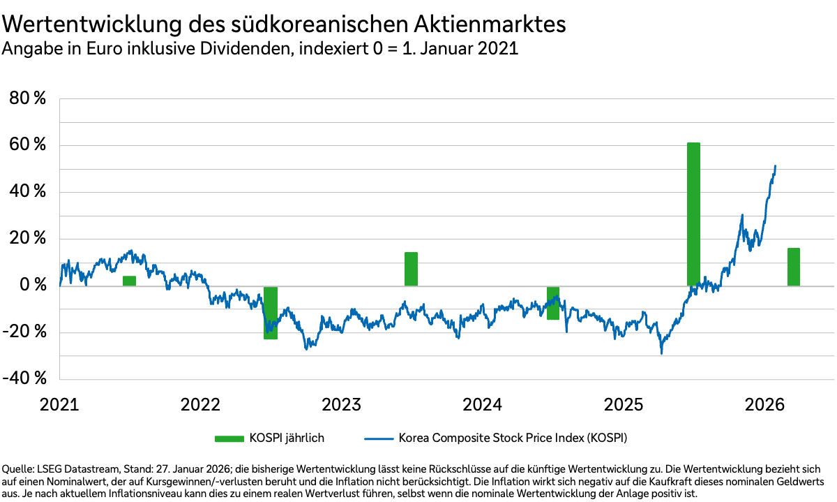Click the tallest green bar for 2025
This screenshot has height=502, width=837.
click(x=693, y=214)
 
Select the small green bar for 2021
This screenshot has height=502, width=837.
click(x=129, y=281)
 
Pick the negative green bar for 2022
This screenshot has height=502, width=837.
click(x=271, y=313)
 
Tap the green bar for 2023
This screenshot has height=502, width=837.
click(x=411, y=269)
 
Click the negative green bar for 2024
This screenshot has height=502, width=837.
click(x=553, y=303)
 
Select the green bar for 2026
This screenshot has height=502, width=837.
click(x=794, y=267)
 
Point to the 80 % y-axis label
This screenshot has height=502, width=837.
click(x=27, y=99)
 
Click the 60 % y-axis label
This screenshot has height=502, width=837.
click(x=27, y=146)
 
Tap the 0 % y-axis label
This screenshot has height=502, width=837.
click(x=32, y=286)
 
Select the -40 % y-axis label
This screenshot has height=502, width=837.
click(x=24, y=378)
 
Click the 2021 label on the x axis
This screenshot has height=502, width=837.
click(x=60, y=405)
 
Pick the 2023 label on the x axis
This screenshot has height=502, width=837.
click(x=342, y=405)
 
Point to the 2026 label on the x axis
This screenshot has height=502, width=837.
click(x=765, y=405)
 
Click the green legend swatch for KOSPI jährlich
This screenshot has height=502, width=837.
click(x=229, y=438)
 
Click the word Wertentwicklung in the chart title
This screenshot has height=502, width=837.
click(x=87, y=24)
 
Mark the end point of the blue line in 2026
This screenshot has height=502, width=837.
click(x=776, y=166)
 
